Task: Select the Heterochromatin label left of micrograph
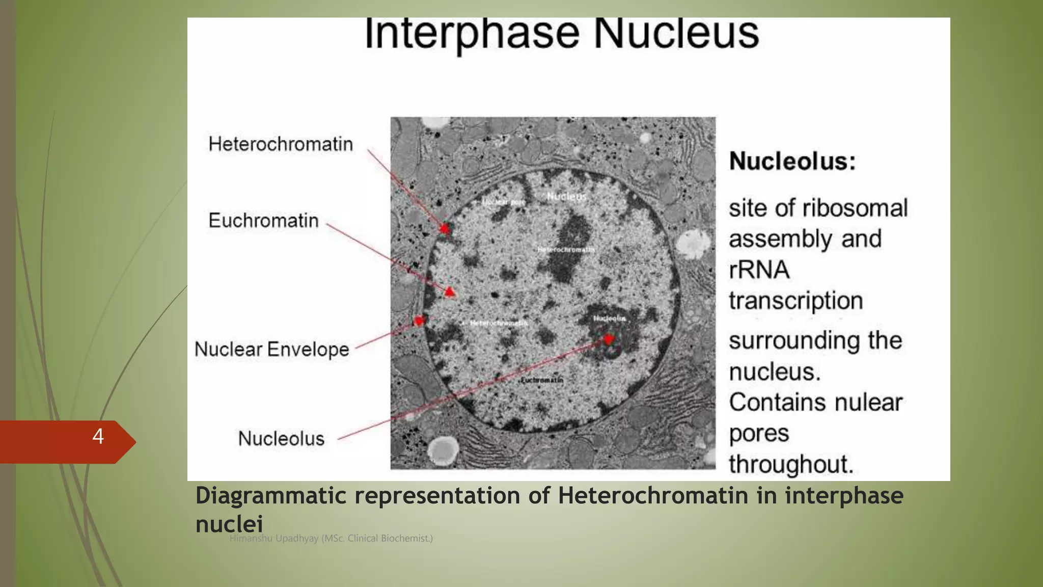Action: pyautogui.click(x=281, y=144)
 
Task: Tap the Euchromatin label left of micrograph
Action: pyautogui.click(x=263, y=221)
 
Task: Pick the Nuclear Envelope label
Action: pyautogui.click(x=271, y=350)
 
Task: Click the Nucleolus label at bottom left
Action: pyautogui.click(x=281, y=439)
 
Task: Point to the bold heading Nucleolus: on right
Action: pyautogui.click(x=792, y=162)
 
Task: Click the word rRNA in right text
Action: pyautogui.click(x=759, y=270)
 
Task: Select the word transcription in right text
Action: pyautogui.click(x=795, y=301)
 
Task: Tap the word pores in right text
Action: pyautogui.click(x=759, y=434)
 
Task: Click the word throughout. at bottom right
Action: pyautogui.click(x=790, y=464)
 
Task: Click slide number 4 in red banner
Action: pyautogui.click(x=98, y=436)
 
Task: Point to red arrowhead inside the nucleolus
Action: pyautogui.click(x=609, y=339)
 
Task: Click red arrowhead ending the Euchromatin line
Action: pyautogui.click(x=449, y=291)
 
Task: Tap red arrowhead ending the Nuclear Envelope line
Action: pyautogui.click(x=419, y=321)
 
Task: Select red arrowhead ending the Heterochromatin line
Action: pyautogui.click(x=445, y=229)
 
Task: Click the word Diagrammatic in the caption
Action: pyautogui.click(x=270, y=496)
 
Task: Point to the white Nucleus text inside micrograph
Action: pyautogui.click(x=566, y=197)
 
